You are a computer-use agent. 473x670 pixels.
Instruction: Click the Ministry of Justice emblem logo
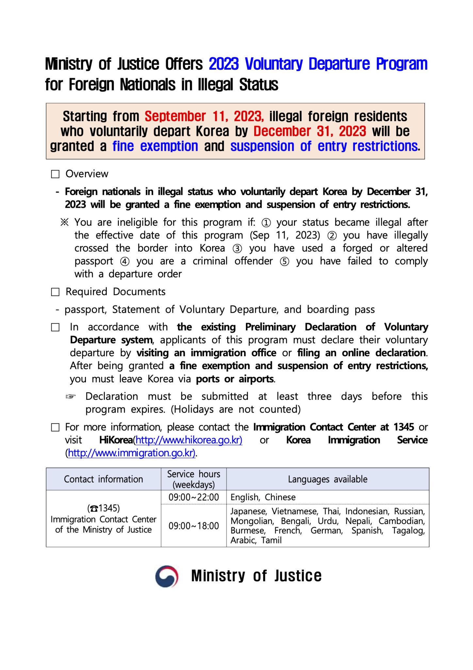(167, 576)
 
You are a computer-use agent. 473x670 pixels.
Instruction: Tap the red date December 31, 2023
(310, 132)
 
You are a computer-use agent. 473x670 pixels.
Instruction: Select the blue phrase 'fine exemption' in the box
(155, 146)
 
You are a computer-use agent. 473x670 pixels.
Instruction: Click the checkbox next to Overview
(56, 174)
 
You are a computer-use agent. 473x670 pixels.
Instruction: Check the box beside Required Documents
(56, 292)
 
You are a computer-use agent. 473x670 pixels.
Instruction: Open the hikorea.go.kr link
(189, 440)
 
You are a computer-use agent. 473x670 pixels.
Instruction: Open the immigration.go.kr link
(131, 453)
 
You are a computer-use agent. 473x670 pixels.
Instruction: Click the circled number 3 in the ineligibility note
(237, 249)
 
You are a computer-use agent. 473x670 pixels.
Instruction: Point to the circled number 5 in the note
(285, 262)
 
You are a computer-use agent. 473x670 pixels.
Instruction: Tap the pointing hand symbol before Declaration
(71, 397)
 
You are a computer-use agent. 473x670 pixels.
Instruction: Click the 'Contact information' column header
(103, 479)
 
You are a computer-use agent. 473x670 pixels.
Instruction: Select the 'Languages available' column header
(327, 479)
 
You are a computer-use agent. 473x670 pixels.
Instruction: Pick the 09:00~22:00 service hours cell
(194, 497)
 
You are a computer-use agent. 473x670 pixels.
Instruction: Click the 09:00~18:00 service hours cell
(194, 526)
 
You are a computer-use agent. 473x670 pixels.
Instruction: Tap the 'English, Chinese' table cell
(263, 497)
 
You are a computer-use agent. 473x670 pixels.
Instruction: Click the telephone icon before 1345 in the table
(94, 509)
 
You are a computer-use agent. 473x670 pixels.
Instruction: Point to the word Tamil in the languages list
(271, 540)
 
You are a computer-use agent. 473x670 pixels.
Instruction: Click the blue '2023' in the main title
(224, 64)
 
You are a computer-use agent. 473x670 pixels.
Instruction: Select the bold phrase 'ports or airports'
(235, 379)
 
